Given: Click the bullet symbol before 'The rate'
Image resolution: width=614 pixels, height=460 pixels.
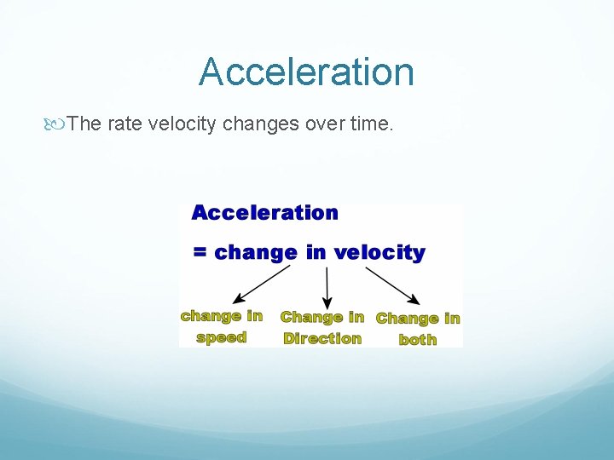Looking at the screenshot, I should tap(57, 124).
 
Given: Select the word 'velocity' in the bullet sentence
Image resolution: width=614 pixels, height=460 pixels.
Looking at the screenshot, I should tap(182, 124).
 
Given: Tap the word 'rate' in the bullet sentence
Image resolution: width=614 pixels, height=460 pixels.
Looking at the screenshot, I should tap(125, 124).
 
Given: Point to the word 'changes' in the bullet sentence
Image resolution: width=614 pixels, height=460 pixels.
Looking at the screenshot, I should tap(260, 124).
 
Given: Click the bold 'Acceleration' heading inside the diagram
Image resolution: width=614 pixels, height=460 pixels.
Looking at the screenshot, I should tap(264, 213).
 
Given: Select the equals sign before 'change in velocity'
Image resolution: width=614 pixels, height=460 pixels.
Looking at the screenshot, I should tap(200, 253).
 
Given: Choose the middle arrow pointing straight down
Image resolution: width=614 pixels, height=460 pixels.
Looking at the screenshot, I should tap(327, 288).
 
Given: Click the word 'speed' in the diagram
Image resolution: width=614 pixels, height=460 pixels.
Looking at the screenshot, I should tap(221, 337).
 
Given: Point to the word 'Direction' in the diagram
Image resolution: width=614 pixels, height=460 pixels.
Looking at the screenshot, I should tap(322, 338).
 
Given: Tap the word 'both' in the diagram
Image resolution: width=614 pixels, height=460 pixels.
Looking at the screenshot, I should tap(418, 339).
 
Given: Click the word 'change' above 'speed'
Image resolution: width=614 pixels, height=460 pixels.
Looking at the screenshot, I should tap(211, 316).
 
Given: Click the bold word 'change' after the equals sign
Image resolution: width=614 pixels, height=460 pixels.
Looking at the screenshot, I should tap(255, 253).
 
